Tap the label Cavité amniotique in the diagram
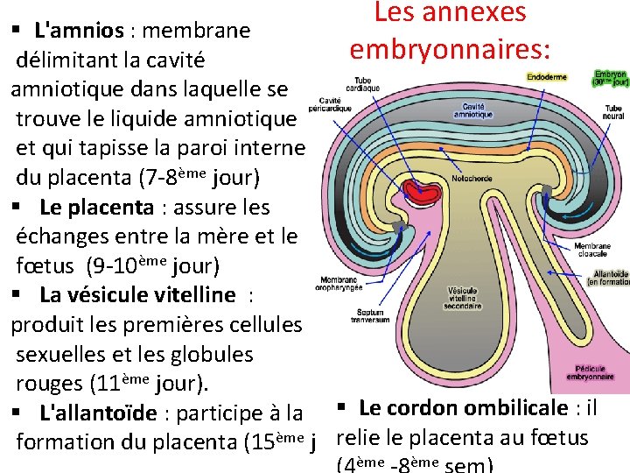tap(473, 109)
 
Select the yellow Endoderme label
tap(547, 77)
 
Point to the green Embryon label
tap(609, 79)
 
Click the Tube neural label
tap(612, 111)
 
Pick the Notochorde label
tap(472, 178)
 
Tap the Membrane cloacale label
tap(592, 249)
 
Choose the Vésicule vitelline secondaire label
tap(463, 299)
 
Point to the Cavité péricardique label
tap(330, 104)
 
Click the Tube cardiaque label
tap(362, 84)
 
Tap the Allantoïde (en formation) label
tap(609, 278)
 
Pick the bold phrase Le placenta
tap(96, 208)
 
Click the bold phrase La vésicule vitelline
tap(137, 295)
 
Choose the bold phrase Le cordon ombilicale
tap(463, 408)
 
